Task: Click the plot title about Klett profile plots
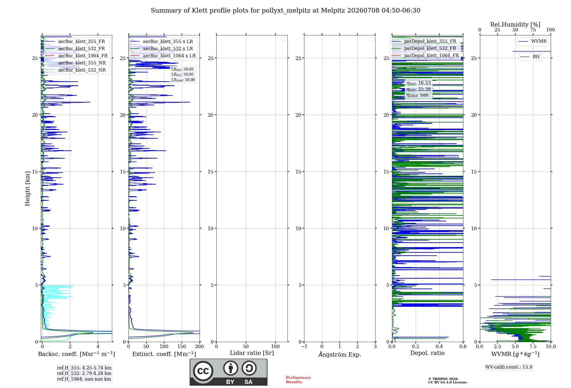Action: (x=285, y=11)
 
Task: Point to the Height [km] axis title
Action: (x=27, y=189)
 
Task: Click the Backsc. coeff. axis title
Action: (x=77, y=354)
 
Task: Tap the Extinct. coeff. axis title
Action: (x=164, y=354)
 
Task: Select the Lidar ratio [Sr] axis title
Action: (x=252, y=353)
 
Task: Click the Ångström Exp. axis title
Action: (x=340, y=354)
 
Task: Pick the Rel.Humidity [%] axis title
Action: (x=515, y=25)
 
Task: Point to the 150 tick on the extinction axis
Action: (x=182, y=346)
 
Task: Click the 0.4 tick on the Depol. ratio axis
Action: (x=439, y=346)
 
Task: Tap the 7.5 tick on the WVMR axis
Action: (x=533, y=346)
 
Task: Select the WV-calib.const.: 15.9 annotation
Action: (x=509, y=367)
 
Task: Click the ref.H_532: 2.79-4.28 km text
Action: (x=84, y=373)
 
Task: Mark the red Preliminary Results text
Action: (x=298, y=380)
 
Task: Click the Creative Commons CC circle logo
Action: (x=203, y=371)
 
